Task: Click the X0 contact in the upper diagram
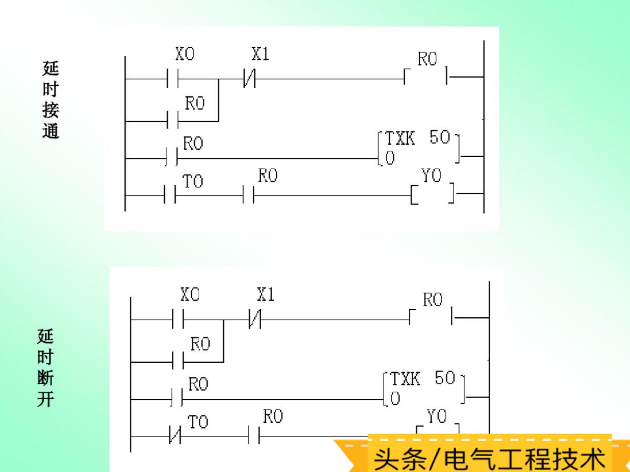[173, 79]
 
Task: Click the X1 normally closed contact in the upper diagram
[249, 79]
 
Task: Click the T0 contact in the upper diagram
[170, 195]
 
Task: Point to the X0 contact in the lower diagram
[178, 319]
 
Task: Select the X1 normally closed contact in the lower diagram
[255, 319]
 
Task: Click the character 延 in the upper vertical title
[51, 69]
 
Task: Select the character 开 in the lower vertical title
[46, 399]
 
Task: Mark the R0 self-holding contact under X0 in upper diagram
[173, 121]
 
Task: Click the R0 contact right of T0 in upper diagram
[249, 195]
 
